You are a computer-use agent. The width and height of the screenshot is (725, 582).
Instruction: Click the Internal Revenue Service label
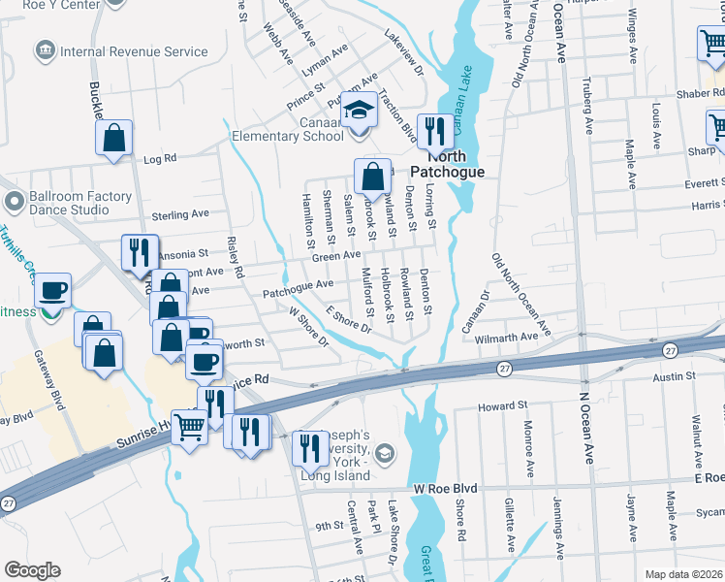[134, 51]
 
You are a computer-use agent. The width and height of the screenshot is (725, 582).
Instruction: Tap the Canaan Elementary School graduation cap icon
[359, 109]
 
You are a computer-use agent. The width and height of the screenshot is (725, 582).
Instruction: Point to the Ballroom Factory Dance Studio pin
[14, 203]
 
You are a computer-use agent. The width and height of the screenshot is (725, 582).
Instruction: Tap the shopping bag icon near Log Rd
[113, 138]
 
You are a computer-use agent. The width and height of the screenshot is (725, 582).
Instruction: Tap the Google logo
[32, 570]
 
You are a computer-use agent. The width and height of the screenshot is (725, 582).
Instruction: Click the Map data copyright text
[684, 574]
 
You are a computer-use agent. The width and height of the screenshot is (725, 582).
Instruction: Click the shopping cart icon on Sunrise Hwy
[188, 425]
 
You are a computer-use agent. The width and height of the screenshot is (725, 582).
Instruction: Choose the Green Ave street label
[336, 255]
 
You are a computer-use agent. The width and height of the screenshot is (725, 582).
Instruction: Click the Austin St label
[675, 376]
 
